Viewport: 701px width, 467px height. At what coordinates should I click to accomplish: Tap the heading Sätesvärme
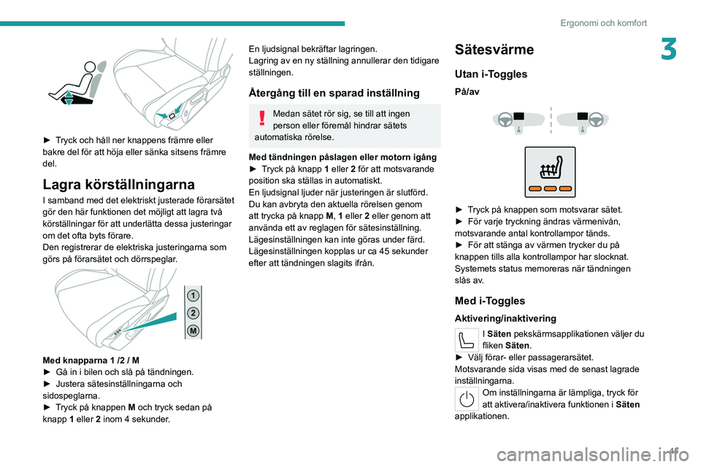click(x=494, y=50)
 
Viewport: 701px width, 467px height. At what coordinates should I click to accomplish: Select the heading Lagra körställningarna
click(x=119, y=184)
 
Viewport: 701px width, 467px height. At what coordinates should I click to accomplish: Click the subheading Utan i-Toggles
click(x=489, y=74)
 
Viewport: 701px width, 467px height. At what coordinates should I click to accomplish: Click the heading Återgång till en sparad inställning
click(x=334, y=93)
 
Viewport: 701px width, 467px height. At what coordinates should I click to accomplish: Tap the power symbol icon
click(x=467, y=398)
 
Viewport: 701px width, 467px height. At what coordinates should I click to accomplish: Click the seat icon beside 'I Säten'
click(x=467, y=340)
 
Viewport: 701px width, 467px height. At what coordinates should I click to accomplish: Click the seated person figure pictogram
click(x=77, y=82)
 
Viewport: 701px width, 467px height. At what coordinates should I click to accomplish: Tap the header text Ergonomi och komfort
click(x=603, y=23)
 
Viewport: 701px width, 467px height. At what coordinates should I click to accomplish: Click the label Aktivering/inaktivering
click(x=505, y=318)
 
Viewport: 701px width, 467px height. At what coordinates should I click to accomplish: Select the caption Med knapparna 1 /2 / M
click(x=91, y=360)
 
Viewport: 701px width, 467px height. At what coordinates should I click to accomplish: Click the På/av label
click(x=467, y=93)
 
